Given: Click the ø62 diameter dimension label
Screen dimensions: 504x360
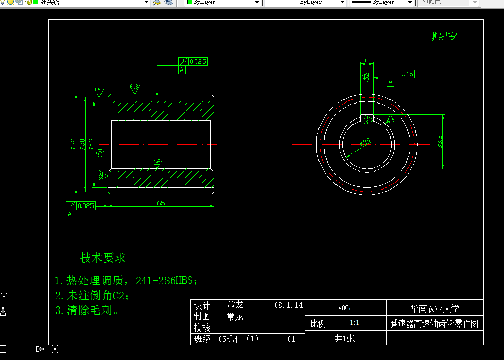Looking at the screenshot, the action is [x=73, y=145].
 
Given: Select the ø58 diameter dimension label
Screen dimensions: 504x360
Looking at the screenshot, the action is [x=82, y=145].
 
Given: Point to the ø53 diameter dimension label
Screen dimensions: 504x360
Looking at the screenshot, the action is [x=91, y=144].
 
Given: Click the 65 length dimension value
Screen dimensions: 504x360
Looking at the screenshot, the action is [x=161, y=203].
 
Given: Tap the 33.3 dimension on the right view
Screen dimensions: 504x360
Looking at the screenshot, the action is [x=440, y=142].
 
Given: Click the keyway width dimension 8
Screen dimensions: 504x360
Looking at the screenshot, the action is [x=367, y=61].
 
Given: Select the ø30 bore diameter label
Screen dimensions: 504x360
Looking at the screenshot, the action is [x=365, y=142].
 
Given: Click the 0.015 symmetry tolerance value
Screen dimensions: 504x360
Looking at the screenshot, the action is [x=406, y=74].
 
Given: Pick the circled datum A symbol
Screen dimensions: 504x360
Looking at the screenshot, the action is [x=100, y=153].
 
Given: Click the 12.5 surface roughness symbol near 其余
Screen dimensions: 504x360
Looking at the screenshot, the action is [x=451, y=35].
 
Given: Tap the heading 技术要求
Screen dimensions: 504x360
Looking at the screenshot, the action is [x=103, y=258].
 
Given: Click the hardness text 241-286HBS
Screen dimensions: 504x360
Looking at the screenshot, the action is [x=166, y=281].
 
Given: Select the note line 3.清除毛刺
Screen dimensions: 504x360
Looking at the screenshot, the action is [x=87, y=311].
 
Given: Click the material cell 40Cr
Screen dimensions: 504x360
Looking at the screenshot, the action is [x=345, y=308].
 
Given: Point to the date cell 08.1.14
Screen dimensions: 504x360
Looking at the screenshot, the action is [x=289, y=305].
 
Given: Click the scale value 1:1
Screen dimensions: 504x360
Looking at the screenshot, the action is [x=355, y=323].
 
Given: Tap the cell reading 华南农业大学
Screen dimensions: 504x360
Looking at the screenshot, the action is [x=434, y=308].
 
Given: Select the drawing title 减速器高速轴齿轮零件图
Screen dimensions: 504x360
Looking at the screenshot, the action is [x=434, y=323].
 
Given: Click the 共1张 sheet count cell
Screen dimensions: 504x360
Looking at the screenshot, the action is [x=345, y=338].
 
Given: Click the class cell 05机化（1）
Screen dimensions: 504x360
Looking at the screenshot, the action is [x=239, y=339].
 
